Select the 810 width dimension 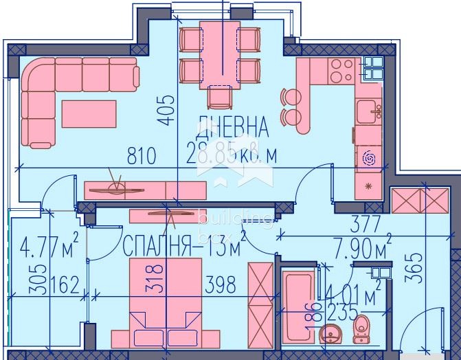pyautogui.click(x=142, y=156)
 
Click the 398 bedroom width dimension pyautogui.click(x=220, y=283)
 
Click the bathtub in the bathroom pyautogui.click(x=297, y=306)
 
